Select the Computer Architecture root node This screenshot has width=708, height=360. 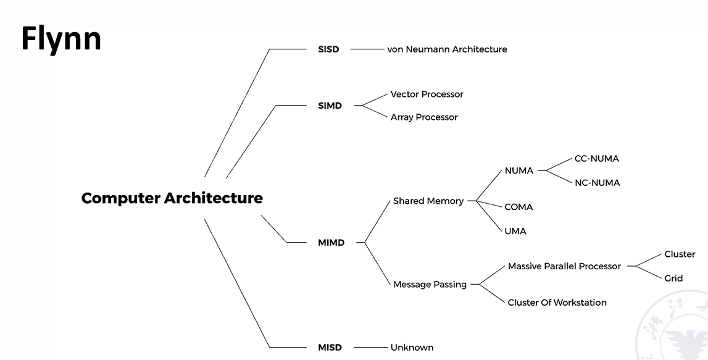tap(172, 198)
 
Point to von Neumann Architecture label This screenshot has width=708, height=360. tap(447, 49)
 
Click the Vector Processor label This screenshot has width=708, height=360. tap(427, 94)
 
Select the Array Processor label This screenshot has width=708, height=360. tap(424, 117)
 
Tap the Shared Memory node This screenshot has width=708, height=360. tap(428, 201)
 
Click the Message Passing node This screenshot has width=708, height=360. tap(430, 285)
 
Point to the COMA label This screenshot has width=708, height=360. tap(518, 207)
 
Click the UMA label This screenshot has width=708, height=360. tap(515, 231)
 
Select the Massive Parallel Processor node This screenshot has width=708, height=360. tap(564, 266)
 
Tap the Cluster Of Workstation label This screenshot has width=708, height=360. tap(557, 303)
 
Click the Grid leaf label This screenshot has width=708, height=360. tap(673, 278)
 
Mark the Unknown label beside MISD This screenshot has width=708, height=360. tap(412, 347)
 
